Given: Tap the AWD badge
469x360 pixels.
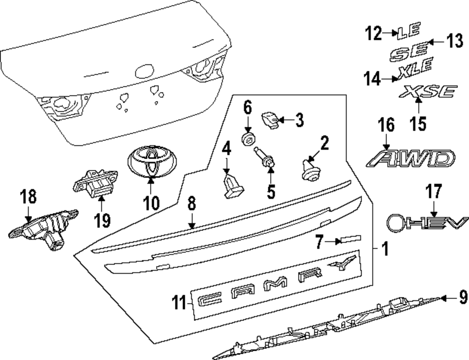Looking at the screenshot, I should [x=410, y=159].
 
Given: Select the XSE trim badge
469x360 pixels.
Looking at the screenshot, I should [x=426, y=92].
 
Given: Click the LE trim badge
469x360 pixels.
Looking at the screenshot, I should [x=406, y=32].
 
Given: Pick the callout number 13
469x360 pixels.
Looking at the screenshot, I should [x=454, y=42].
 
